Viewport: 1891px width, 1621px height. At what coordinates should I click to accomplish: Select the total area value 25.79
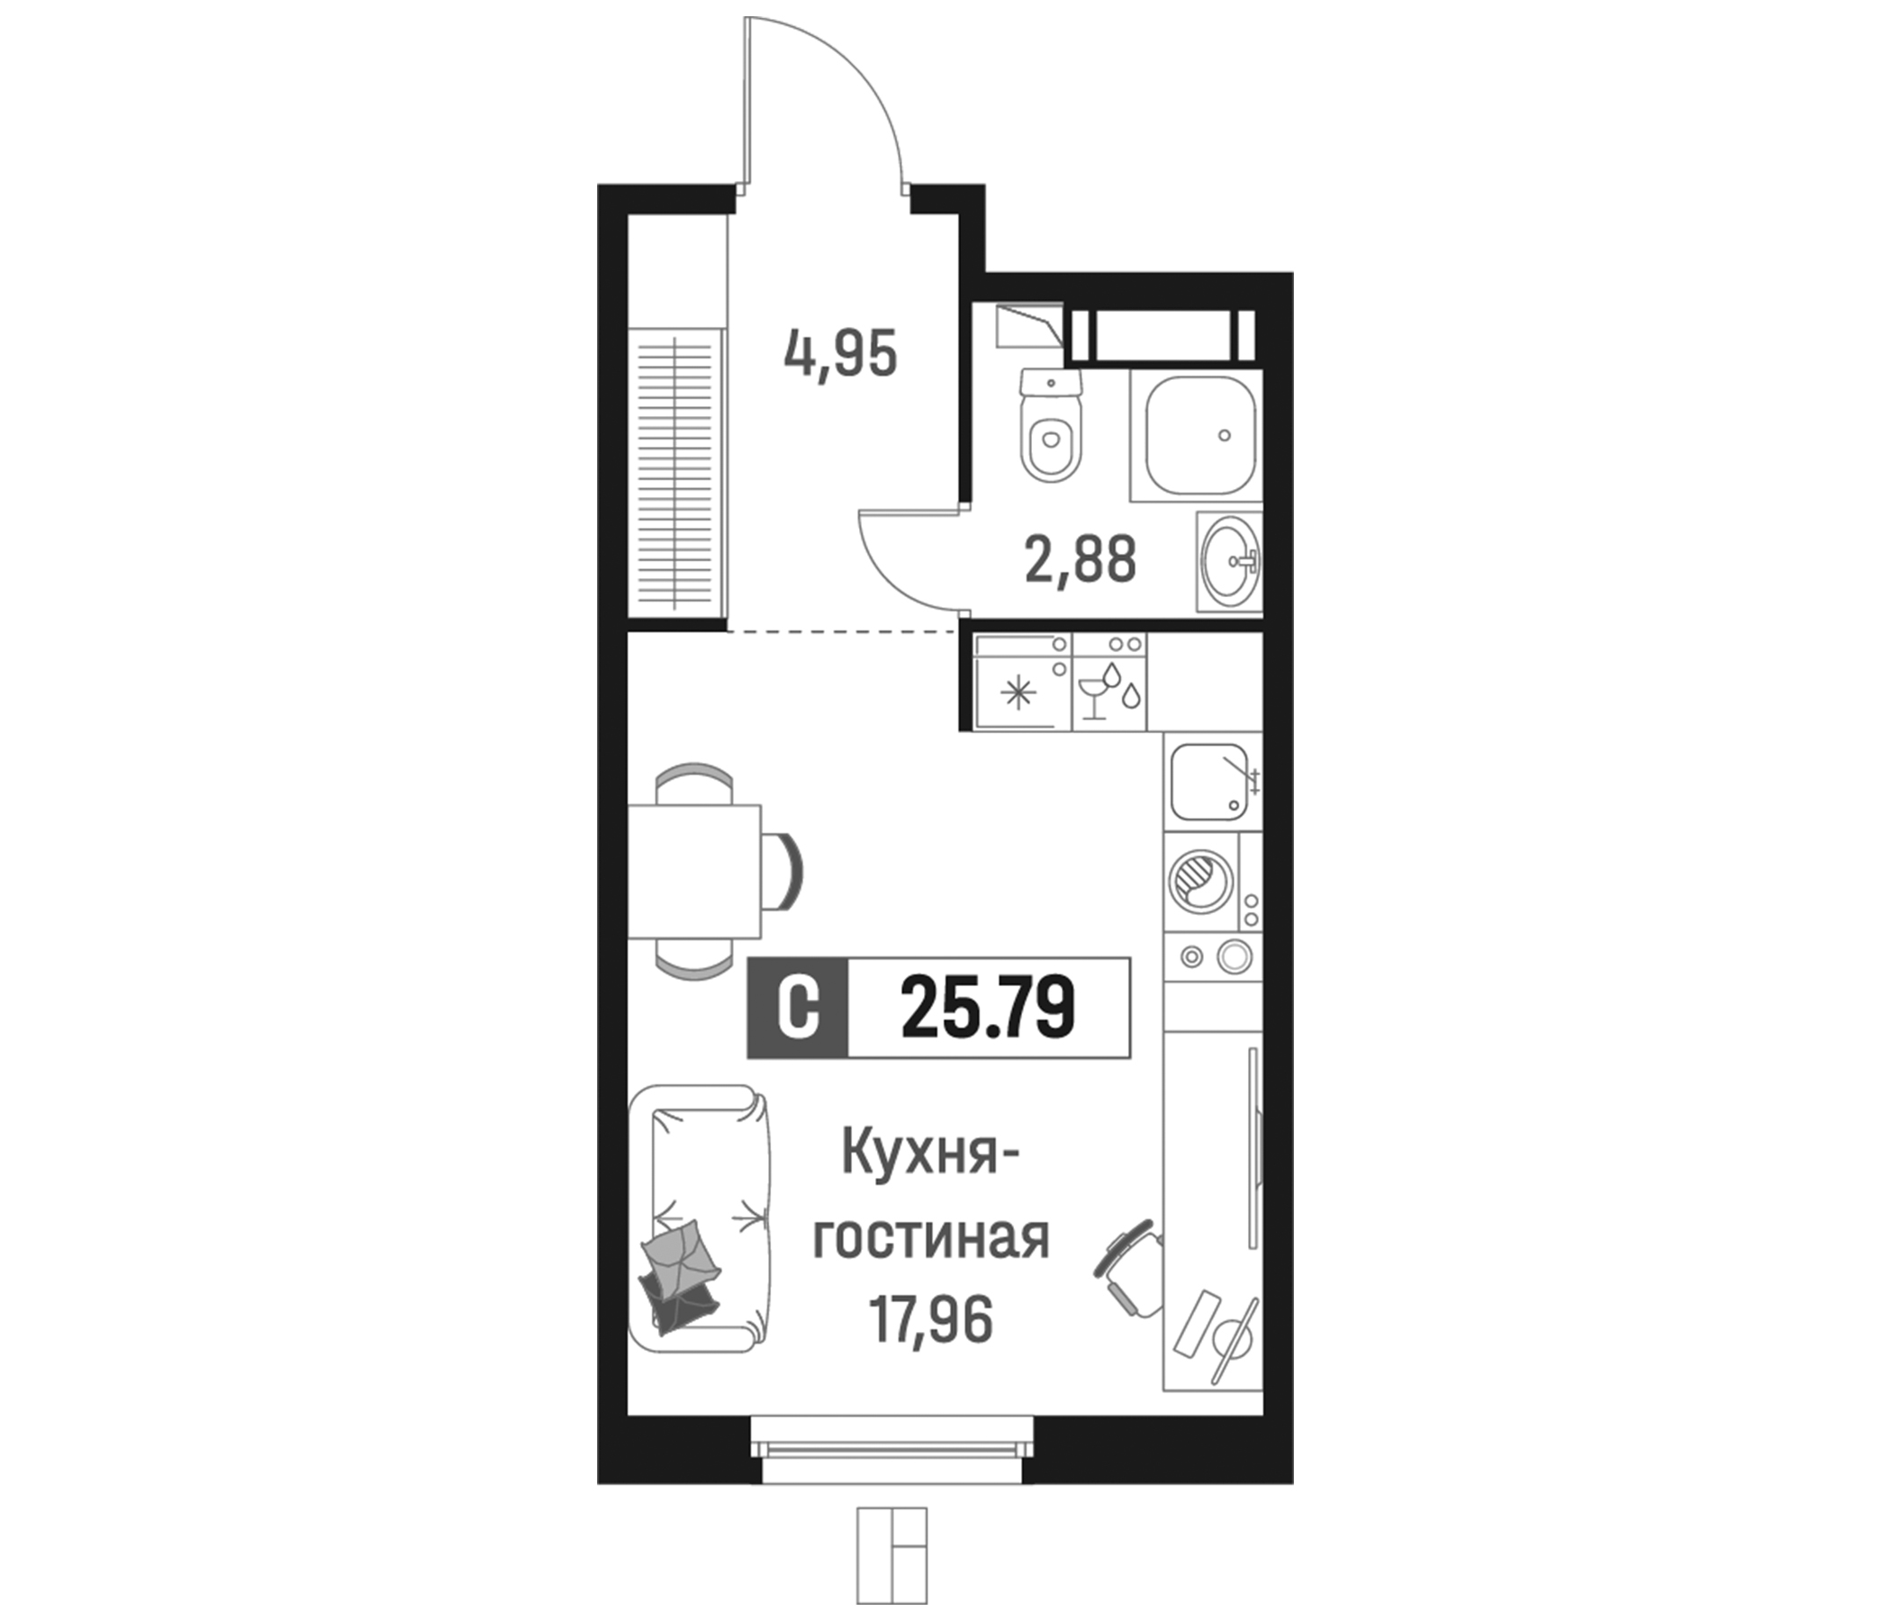click(x=989, y=1008)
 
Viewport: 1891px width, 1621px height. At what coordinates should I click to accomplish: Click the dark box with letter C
click(x=798, y=1008)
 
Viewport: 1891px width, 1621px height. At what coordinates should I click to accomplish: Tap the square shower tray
click(x=1196, y=435)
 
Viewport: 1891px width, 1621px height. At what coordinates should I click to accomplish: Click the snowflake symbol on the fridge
click(x=1019, y=694)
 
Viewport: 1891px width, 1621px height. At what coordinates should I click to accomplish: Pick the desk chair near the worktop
click(x=1130, y=1270)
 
